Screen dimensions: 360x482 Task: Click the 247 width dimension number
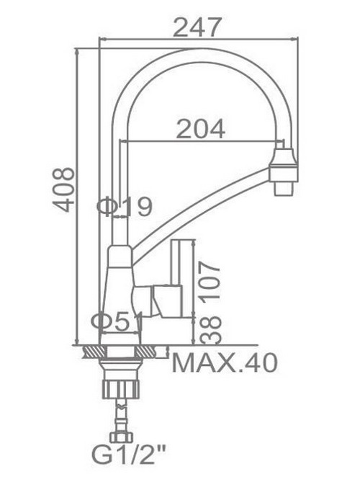(x=197, y=27)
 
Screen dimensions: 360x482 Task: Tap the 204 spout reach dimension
(x=201, y=129)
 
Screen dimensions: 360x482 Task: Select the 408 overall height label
(x=64, y=189)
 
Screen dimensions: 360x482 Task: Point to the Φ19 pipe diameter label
(x=125, y=207)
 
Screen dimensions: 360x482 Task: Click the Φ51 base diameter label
(x=117, y=322)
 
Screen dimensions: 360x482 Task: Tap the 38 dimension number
(x=211, y=330)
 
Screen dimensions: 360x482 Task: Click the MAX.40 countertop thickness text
(x=225, y=363)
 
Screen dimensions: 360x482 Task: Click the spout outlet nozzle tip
(x=283, y=189)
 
